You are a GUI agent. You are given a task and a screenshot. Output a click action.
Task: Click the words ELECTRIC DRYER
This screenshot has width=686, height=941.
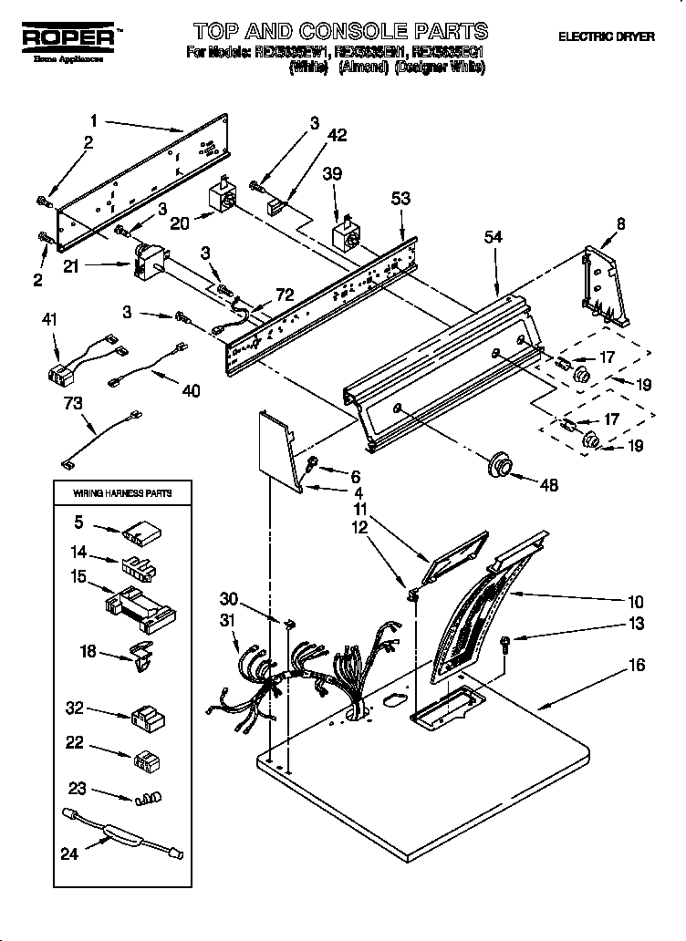(x=606, y=37)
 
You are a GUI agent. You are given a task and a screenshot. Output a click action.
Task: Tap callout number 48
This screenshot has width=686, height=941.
(x=548, y=486)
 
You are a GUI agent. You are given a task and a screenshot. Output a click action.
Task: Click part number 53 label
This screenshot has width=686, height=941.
(x=400, y=198)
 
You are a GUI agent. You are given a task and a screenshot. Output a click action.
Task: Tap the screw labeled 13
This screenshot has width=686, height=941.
(x=506, y=644)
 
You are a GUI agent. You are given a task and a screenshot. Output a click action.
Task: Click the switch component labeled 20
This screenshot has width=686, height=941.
(x=222, y=197)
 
